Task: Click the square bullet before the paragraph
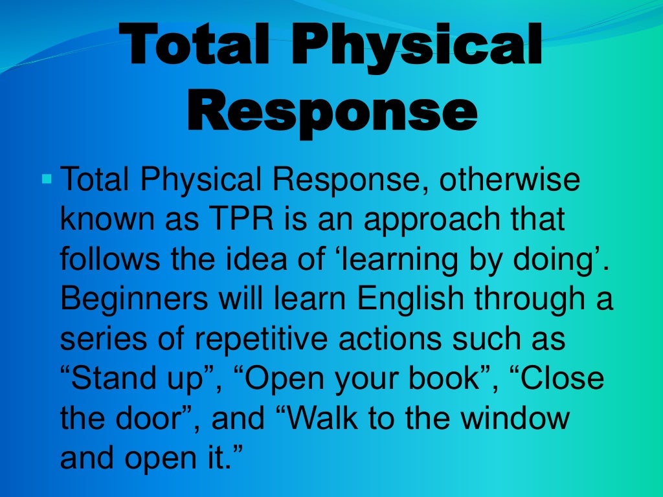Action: click(45, 177)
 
